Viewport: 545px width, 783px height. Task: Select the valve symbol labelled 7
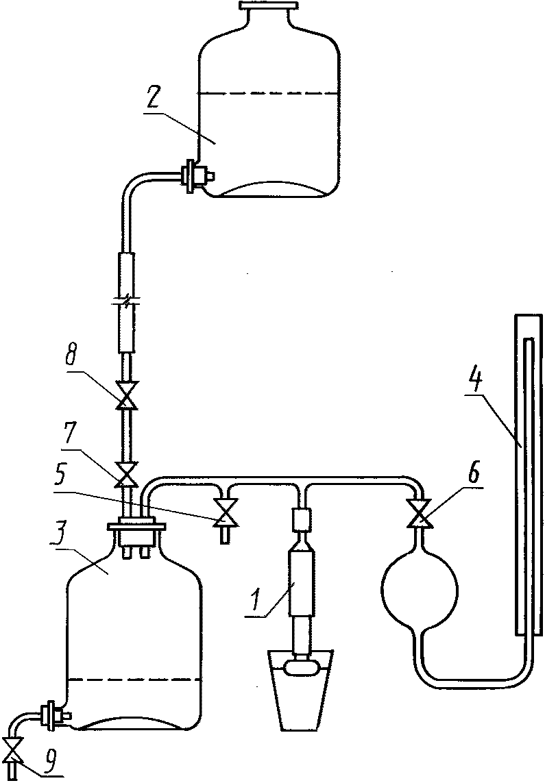pyautogui.click(x=125, y=474)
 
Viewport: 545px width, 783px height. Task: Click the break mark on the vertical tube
pyautogui.click(x=125, y=299)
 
